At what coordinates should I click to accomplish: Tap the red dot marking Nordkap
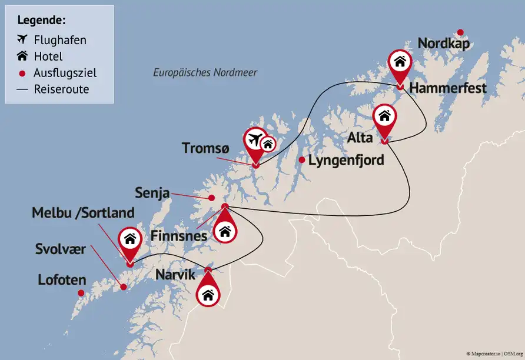click(460, 32)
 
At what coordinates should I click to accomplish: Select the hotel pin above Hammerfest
click(400, 62)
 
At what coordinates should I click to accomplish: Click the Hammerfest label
click(447, 88)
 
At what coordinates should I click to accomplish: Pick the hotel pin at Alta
click(384, 116)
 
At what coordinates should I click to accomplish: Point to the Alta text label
click(360, 138)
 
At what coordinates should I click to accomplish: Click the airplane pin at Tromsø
click(255, 141)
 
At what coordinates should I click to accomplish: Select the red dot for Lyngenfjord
click(301, 160)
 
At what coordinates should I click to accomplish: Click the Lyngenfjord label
click(347, 160)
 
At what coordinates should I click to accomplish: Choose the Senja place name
click(152, 192)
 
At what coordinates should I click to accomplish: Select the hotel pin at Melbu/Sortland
click(129, 239)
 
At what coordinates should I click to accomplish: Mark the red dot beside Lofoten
click(81, 292)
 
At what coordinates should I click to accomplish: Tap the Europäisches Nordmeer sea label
click(205, 73)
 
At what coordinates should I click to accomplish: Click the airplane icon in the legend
click(23, 39)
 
